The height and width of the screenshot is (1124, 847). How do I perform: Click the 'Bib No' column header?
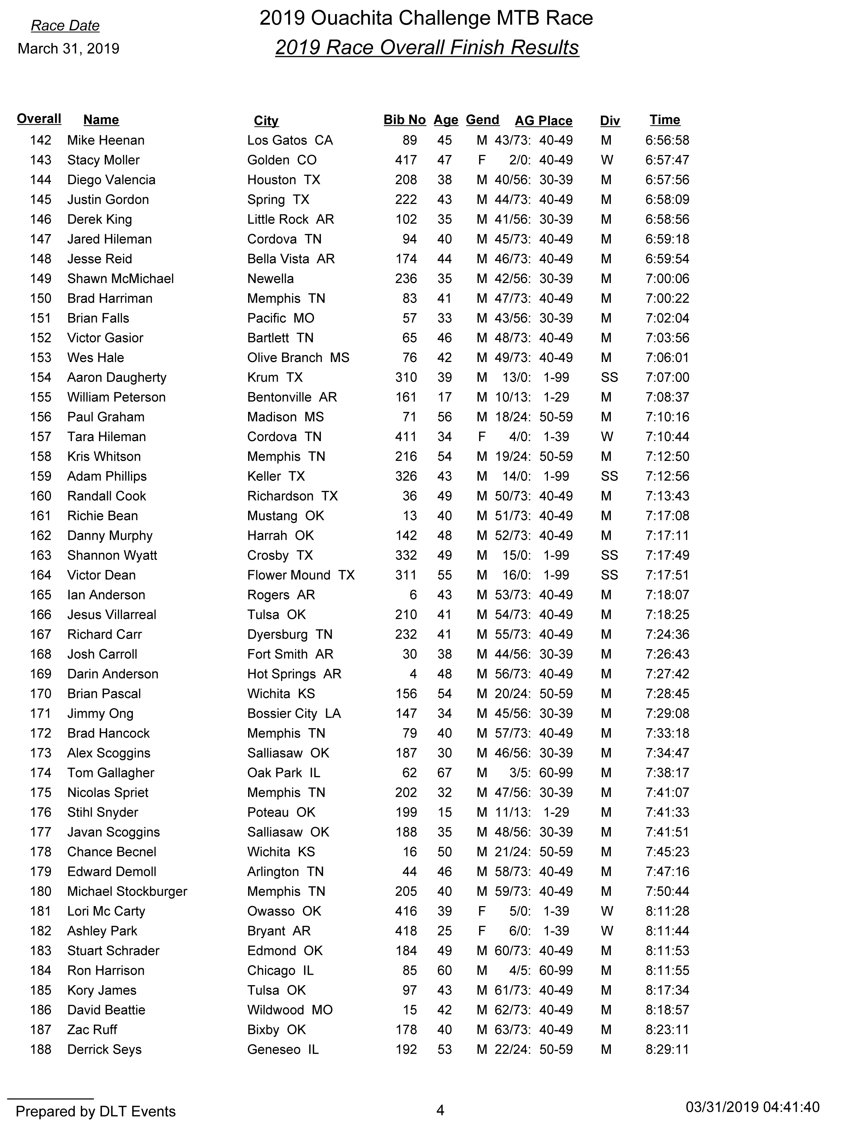point(405,120)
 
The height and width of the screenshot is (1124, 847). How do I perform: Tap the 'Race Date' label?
point(65,26)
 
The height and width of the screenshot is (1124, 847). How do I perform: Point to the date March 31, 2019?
point(69,49)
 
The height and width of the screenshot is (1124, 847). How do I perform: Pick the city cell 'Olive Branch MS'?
point(298,358)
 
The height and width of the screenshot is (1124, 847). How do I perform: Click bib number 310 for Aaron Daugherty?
point(406,377)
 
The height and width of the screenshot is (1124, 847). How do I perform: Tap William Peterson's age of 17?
point(445,398)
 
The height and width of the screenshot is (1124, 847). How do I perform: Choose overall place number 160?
point(41,496)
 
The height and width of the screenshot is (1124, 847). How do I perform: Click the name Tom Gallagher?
point(111,773)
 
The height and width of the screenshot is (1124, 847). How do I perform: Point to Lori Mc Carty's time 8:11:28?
point(667,911)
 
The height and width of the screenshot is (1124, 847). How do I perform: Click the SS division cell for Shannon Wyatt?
point(609,555)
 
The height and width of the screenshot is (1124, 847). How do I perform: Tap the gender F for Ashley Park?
point(482,931)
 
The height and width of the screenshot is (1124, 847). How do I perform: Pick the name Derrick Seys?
point(104,1049)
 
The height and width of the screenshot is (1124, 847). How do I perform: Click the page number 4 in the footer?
point(440,1111)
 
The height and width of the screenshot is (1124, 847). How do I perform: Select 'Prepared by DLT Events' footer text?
point(96,1111)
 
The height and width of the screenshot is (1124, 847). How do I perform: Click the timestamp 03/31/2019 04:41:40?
point(752,1107)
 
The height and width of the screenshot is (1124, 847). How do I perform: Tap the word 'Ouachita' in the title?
point(351,18)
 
